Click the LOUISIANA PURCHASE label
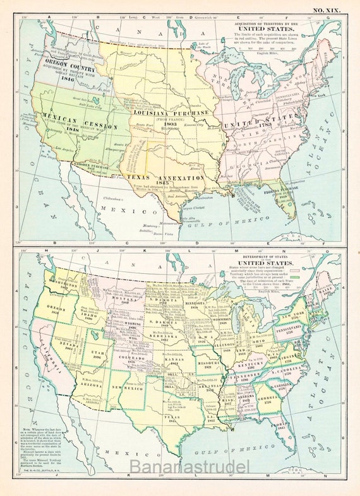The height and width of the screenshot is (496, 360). tap(169, 114)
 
